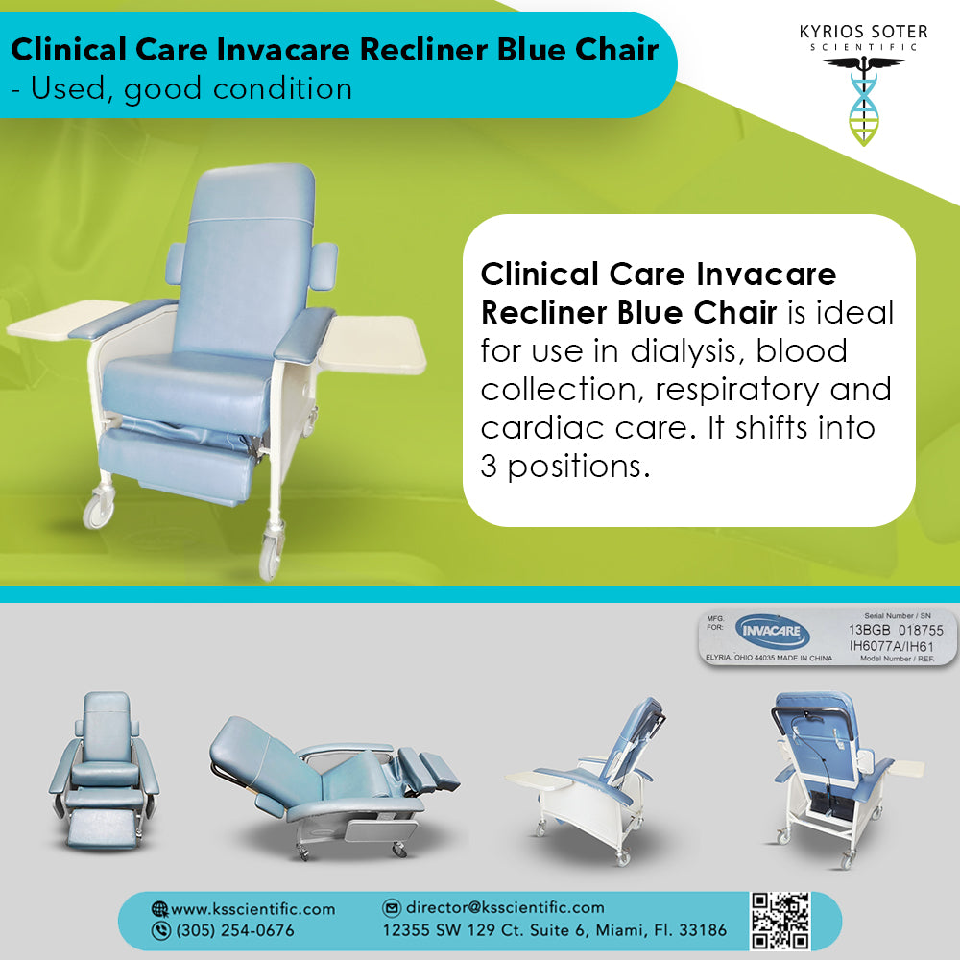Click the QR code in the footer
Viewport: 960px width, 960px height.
(x=780, y=921)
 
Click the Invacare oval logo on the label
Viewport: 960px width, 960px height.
(x=772, y=632)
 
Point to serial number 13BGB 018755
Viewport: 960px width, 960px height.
(x=896, y=630)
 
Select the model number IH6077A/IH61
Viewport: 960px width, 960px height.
(x=892, y=646)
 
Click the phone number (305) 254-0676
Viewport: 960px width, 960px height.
(x=235, y=930)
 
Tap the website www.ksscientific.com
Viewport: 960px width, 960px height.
(x=252, y=909)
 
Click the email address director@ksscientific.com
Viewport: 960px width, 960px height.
(x=505, y=907)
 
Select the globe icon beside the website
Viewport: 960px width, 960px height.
(x=159, y=909)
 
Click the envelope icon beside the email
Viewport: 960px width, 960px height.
(x=392, y=907)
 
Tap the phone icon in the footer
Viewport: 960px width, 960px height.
(x=160, y=930)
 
